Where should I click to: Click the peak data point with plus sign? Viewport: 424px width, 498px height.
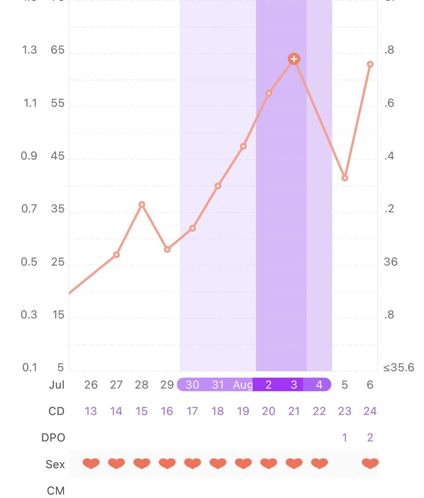coord(294,59)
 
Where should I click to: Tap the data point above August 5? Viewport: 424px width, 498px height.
coord(345,178)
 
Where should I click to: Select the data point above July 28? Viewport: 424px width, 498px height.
coord(142,204)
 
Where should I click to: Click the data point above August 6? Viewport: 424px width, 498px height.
coord(370,65)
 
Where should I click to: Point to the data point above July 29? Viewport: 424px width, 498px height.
coord(167,249)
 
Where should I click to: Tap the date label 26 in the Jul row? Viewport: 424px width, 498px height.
coord(91,385)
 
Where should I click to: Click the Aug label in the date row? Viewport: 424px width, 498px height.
coord(243,385)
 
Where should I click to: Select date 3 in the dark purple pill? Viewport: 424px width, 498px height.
coord(294,385)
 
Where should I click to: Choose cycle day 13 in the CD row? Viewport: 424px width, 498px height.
coord(91,411)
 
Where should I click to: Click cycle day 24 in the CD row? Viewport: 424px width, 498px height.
coord(370,411)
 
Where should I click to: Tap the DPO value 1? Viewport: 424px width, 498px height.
coord(344,438)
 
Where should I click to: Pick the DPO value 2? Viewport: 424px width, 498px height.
coord(370,438)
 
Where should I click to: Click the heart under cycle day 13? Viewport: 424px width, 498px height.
coord(91,463)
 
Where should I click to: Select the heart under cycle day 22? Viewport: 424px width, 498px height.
coord(319,463)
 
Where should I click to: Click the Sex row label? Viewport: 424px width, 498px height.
coord(55,464)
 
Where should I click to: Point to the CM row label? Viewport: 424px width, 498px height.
coord(56,491)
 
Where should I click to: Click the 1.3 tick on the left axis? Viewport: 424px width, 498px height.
coord(29,50)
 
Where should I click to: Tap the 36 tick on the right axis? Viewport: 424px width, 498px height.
coord(390,262)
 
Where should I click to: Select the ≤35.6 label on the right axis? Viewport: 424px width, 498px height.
coord(399,367)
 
